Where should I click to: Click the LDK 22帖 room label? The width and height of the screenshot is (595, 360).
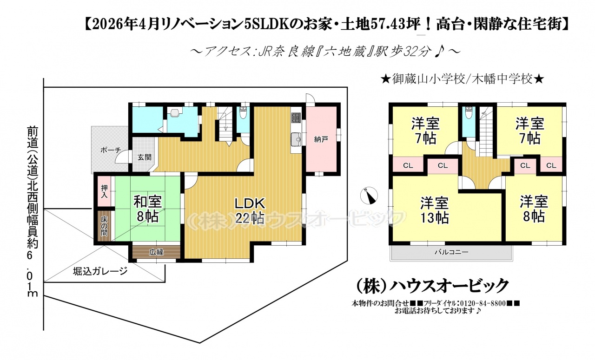point(250,211)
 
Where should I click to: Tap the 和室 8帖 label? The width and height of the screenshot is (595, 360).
point(148,209)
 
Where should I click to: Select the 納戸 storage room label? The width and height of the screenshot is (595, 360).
point(321,139)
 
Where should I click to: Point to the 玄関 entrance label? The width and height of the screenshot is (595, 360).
point(145,157)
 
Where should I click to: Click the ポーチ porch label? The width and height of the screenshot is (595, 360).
point(111,150)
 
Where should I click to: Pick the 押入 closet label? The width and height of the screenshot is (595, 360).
point(105,191)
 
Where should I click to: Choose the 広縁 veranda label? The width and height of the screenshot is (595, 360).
point(156,252)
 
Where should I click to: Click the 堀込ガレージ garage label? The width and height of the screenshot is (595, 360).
point(100,272)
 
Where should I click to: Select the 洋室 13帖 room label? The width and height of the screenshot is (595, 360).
point(435,210)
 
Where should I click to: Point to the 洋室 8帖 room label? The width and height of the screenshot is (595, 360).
point(534,209)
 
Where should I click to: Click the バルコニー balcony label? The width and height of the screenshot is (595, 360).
point(451,252)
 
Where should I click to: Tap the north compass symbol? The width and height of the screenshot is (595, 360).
point(369,196)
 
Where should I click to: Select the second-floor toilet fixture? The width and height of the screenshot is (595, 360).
point(469,112)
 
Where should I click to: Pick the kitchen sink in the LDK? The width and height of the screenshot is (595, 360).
point(296,139)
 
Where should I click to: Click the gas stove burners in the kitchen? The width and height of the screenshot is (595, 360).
point(296,118)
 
